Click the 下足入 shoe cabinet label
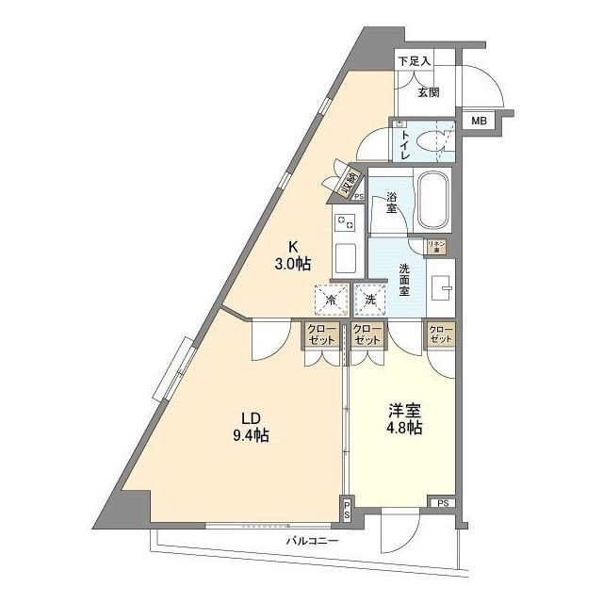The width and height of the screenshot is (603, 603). tap(414, 61)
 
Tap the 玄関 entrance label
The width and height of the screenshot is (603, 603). tap(428, 91)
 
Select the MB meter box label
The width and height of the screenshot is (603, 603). tap(479, 121)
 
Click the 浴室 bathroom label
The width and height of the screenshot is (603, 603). tap(392, 203)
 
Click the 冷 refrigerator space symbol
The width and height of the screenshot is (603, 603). tap(331, 301)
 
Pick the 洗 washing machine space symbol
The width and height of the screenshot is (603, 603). tap(370, 301)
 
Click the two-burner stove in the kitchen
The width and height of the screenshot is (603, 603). tap(343, 223)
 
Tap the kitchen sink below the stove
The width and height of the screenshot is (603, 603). tap(343, 256)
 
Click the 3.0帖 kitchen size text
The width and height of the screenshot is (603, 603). tap(292, 263)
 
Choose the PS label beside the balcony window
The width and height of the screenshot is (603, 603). tap(347, 512)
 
